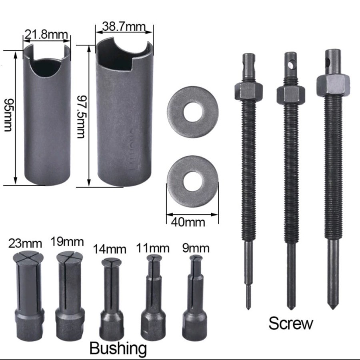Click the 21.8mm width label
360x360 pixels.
[x=47, y=35]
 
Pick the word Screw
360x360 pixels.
[x=290, y=323]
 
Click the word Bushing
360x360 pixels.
[x=118, y=348]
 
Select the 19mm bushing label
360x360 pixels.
[x=67, y=242]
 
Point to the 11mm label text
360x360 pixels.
[x=152, y=248]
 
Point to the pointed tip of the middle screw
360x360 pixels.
[x=290, y=306]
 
